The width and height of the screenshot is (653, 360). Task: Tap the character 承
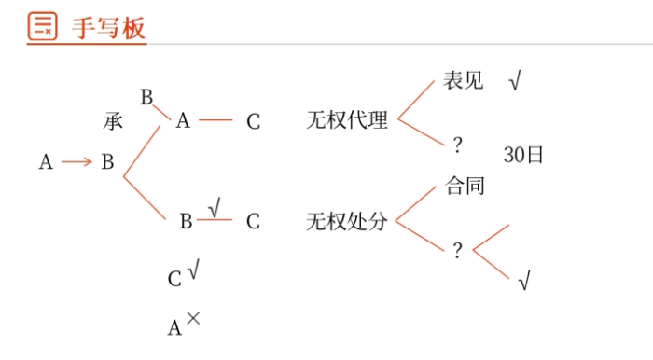pos(113,121)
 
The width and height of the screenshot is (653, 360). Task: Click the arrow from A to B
pos(76,162)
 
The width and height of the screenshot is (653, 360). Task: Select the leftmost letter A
pos(46,162)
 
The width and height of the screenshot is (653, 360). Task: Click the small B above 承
pos(146,97)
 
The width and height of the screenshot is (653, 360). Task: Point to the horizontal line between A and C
pos(215,120)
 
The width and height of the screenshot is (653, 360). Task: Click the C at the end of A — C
pos(253,121)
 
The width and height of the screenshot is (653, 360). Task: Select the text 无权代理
pos(346,120)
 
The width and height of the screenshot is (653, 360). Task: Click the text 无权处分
pos(346,222)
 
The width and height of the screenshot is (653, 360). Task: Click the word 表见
pos(463,81)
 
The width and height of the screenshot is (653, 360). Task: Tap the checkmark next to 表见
pos(515,82)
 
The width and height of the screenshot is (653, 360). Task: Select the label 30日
pos(522,155)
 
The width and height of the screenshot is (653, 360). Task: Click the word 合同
pos(465,185)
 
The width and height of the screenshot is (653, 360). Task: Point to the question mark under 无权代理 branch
pos(457,145)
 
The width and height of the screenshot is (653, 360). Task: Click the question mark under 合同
pos(457,250)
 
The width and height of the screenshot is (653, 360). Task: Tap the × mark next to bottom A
pos(193,318)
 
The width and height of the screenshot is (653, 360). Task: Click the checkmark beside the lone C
pos(192,271)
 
